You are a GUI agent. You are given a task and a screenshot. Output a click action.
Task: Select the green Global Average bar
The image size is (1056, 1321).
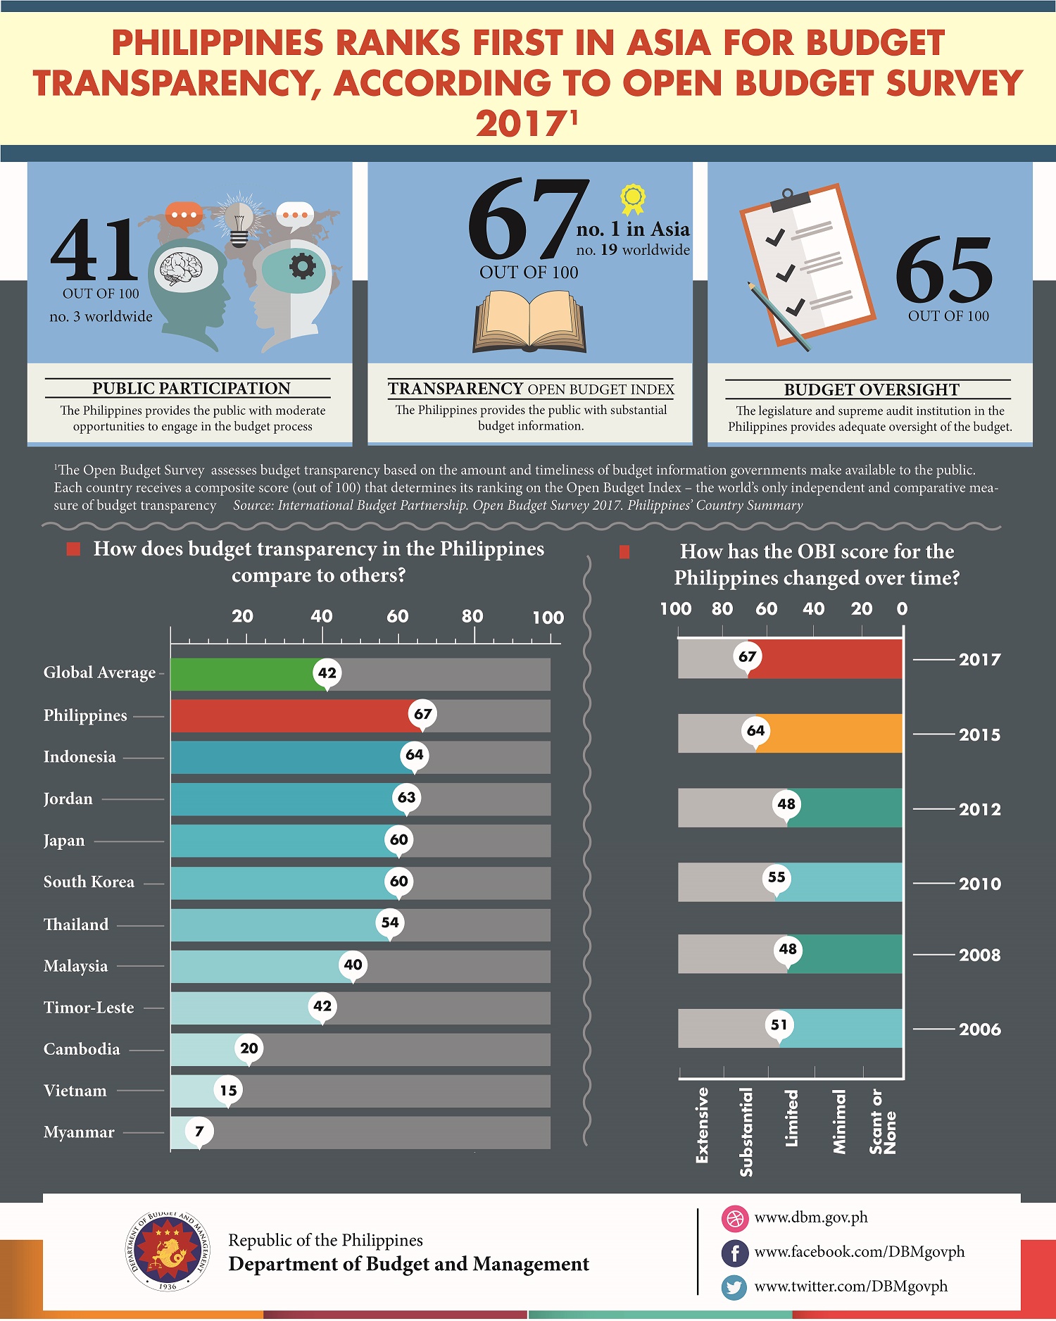coord(239,674)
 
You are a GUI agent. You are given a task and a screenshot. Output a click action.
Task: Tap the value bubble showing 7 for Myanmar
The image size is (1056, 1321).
coord(199,1131)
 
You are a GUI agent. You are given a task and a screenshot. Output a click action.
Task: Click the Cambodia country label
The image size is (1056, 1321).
coord(82,1049)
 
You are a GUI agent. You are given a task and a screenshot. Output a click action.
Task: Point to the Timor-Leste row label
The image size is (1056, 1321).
coord(89,1008)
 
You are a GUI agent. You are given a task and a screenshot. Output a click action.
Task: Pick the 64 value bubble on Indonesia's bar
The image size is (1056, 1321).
coord(415,755)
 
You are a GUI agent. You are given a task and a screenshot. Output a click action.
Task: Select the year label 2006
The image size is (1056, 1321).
coord(979,1029)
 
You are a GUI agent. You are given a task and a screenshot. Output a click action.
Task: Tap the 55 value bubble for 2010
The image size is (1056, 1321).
coord(777,877)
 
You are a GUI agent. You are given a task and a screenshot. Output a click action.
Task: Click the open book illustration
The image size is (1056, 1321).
coord(529,323)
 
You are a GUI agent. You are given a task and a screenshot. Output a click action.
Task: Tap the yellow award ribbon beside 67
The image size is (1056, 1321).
coord(632,199)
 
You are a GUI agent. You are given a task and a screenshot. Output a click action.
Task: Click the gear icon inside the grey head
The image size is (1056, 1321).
coord(303,266)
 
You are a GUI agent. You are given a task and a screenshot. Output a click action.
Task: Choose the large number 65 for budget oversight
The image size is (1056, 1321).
coord(944,271)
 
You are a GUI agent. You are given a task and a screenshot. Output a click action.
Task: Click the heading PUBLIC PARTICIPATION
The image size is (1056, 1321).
coord(191,389)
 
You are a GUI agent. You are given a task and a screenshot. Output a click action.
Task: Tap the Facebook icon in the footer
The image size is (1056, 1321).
coord(734,1253)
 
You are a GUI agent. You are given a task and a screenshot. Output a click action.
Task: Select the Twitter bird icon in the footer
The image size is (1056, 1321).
coord(734,1287)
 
